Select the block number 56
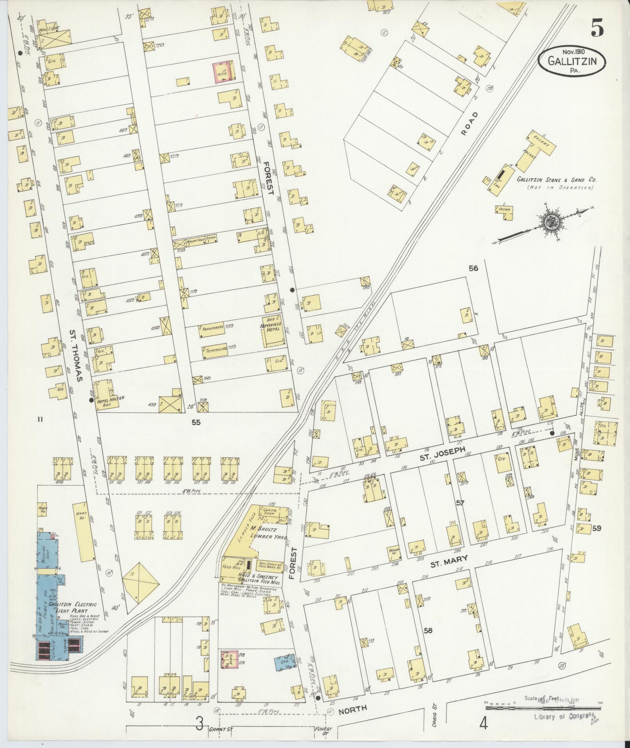pyautogui.click(x=473, y=268)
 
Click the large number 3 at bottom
pyautogui.click(x=200, y=725)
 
